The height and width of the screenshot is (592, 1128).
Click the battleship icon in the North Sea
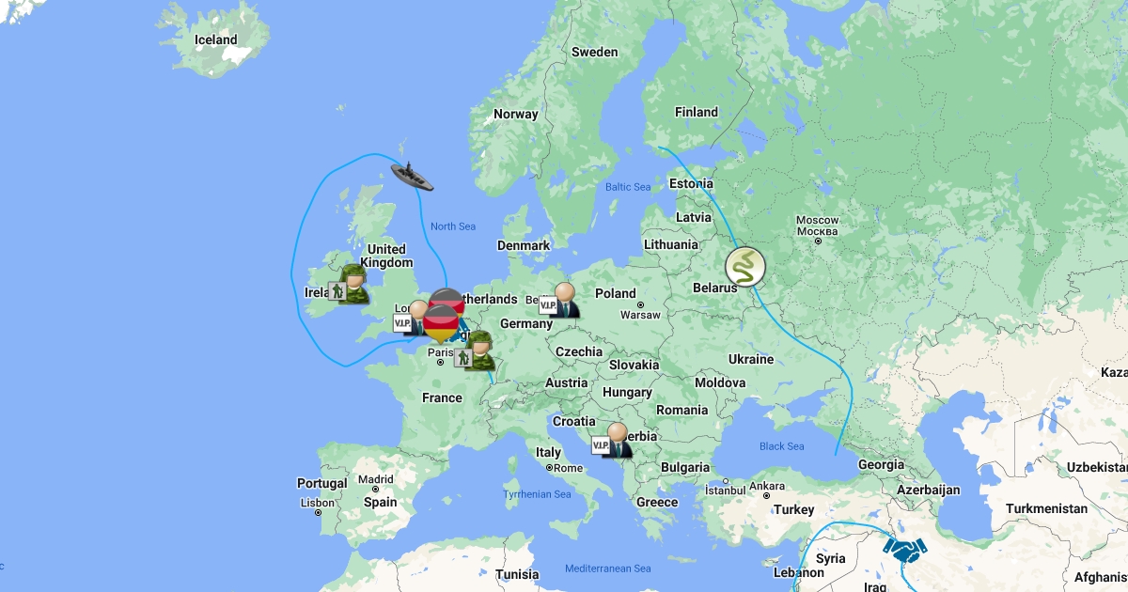[412, 176]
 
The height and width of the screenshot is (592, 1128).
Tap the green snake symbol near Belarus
[745, 267]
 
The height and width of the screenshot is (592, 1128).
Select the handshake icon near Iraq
[904, 549]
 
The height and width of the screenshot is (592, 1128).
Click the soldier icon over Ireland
[349, 285]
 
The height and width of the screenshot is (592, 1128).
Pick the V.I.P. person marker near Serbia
[612, 441]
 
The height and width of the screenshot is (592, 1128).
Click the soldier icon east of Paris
[476, 351]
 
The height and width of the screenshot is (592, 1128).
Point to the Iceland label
[215, 39]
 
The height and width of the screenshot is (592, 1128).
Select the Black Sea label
[782, 446]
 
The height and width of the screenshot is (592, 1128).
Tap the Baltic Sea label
[628, 187]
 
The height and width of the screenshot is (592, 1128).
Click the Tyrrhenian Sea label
[537, 494]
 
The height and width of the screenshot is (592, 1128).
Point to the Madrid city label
[375, 479]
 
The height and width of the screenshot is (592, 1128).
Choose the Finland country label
[696, 112]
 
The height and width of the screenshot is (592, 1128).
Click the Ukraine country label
[751, 359]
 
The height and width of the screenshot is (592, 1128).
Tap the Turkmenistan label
[1046, 508]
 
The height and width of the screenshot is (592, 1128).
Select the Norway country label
[516, 114]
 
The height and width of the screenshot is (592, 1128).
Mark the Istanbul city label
[725, 489]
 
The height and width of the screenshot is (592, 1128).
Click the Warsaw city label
[640, 315]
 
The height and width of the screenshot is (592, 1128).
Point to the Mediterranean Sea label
[607, 569]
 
